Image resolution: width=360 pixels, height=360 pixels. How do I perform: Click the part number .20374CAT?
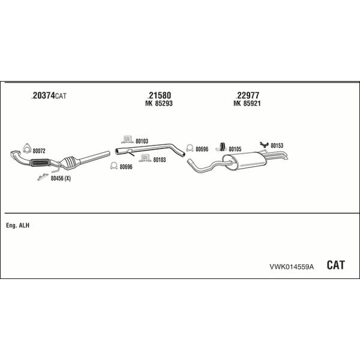coord(49,95)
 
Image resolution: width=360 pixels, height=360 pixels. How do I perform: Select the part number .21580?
coord(159,95)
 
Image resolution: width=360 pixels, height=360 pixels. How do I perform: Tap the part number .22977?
coord(247,95)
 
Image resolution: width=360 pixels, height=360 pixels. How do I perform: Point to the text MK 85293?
coord(159,103)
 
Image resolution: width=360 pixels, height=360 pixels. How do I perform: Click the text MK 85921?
coord(247,103)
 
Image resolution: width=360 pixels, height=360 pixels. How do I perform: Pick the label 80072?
coord(39,151)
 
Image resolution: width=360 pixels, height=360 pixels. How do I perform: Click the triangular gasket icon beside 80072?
coord(27,148)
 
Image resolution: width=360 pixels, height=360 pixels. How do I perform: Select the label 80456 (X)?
coord(61,178)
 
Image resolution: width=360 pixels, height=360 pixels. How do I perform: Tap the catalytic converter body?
coord(70,163)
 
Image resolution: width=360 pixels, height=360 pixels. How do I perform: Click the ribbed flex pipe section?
coord(40,163)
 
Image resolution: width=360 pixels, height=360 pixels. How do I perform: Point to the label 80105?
coord(235,149)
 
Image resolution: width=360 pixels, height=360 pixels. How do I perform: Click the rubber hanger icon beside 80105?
coord(221,147)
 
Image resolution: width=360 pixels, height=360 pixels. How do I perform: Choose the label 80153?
coord(277,146)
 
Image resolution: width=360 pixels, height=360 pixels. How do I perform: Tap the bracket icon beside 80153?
coord(264,145)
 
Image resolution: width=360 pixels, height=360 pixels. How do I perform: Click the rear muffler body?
coord(245,161)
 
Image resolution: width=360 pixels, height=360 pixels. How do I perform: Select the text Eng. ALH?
coord(17,226)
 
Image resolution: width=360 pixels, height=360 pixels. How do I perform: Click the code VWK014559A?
coord(292,266)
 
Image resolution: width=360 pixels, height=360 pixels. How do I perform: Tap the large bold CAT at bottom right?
coord(335,265)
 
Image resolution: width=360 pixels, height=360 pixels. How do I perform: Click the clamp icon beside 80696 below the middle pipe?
coord(114,166)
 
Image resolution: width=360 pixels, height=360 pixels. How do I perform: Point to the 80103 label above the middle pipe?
coord(142,141)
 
